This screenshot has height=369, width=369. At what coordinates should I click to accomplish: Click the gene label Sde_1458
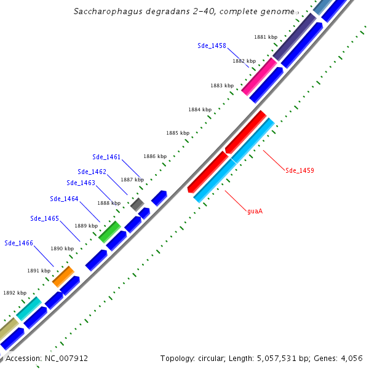[x=212, y=46]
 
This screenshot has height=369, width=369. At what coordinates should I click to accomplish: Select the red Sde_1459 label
[x=300, y=170]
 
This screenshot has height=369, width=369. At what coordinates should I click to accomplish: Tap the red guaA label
[x=255, y=212]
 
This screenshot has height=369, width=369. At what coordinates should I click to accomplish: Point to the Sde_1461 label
[x=106, y=157]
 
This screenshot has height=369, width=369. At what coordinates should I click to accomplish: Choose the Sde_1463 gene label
[x=81, y=183]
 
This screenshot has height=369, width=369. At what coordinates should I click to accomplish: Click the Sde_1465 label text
[x=44, y=218]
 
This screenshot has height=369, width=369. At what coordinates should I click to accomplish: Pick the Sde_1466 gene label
[x=18, y=243]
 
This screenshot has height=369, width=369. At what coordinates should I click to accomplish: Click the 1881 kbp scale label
[x=265, y=37]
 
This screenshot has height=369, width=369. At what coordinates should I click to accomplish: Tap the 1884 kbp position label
[x=200, y=109]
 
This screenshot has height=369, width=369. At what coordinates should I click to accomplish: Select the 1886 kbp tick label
[x=155, y=156]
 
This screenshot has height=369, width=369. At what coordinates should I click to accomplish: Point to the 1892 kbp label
[x=15, y=293]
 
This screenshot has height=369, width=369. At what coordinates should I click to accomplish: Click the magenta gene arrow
[x=259, y=76]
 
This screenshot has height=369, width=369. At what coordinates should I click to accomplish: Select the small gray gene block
[x=137, y=204]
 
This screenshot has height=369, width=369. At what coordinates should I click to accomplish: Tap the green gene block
[x=109, y=231]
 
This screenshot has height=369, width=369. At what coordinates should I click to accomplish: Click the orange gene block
[x=63, y=276]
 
